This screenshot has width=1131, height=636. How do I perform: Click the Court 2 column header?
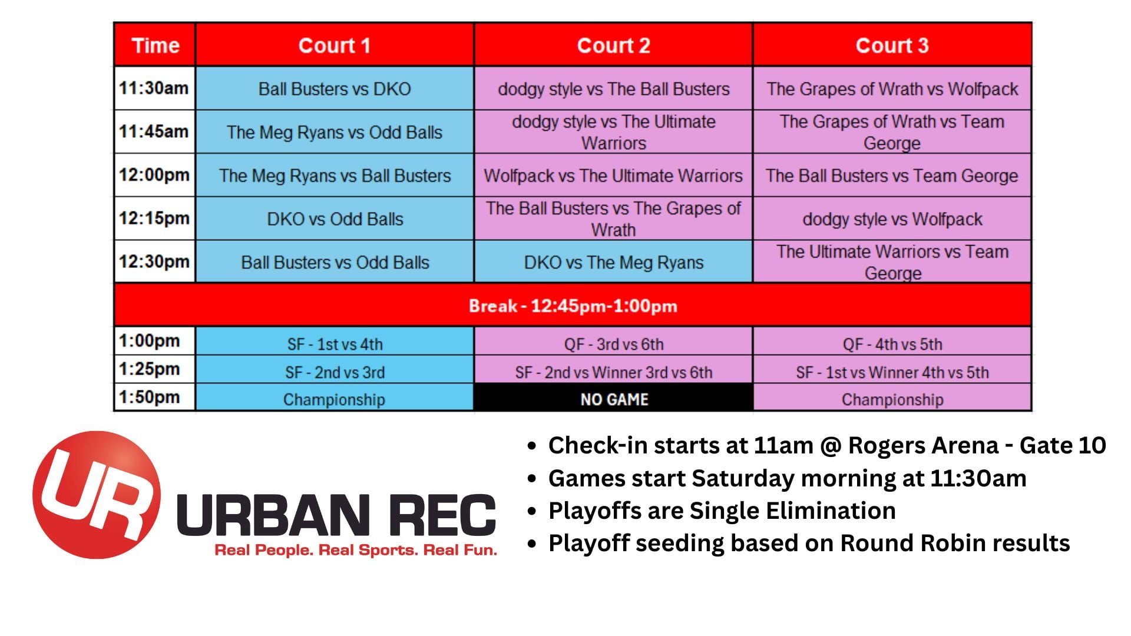tap(613, 45)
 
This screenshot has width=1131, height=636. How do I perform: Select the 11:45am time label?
tap(154, 131)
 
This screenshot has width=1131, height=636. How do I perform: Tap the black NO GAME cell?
tap(613, 399)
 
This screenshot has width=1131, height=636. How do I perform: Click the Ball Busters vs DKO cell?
tap(335, 88)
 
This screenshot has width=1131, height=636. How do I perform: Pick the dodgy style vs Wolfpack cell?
tap(892, 218)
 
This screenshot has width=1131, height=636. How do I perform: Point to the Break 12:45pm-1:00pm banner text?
tap(573, 306)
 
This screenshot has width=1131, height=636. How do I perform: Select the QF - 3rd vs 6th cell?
tap(613, 343)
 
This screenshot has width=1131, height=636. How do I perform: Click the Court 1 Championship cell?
tap(335, 399)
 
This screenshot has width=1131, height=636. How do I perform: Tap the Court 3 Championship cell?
tap(892, 399)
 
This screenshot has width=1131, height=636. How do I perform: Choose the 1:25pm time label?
tap(149, 369)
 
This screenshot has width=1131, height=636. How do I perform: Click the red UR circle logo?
tap(97, 495)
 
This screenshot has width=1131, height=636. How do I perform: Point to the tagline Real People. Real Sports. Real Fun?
tap(356, 550)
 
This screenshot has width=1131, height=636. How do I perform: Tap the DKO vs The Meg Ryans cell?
tap(613, 262)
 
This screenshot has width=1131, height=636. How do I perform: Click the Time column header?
tap(155, 45)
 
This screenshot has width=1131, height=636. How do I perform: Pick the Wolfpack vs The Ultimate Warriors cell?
tap(613, 175)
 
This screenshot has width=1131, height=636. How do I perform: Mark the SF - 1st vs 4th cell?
tap(335, 343)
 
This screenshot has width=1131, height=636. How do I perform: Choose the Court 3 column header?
tap(892, 45)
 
